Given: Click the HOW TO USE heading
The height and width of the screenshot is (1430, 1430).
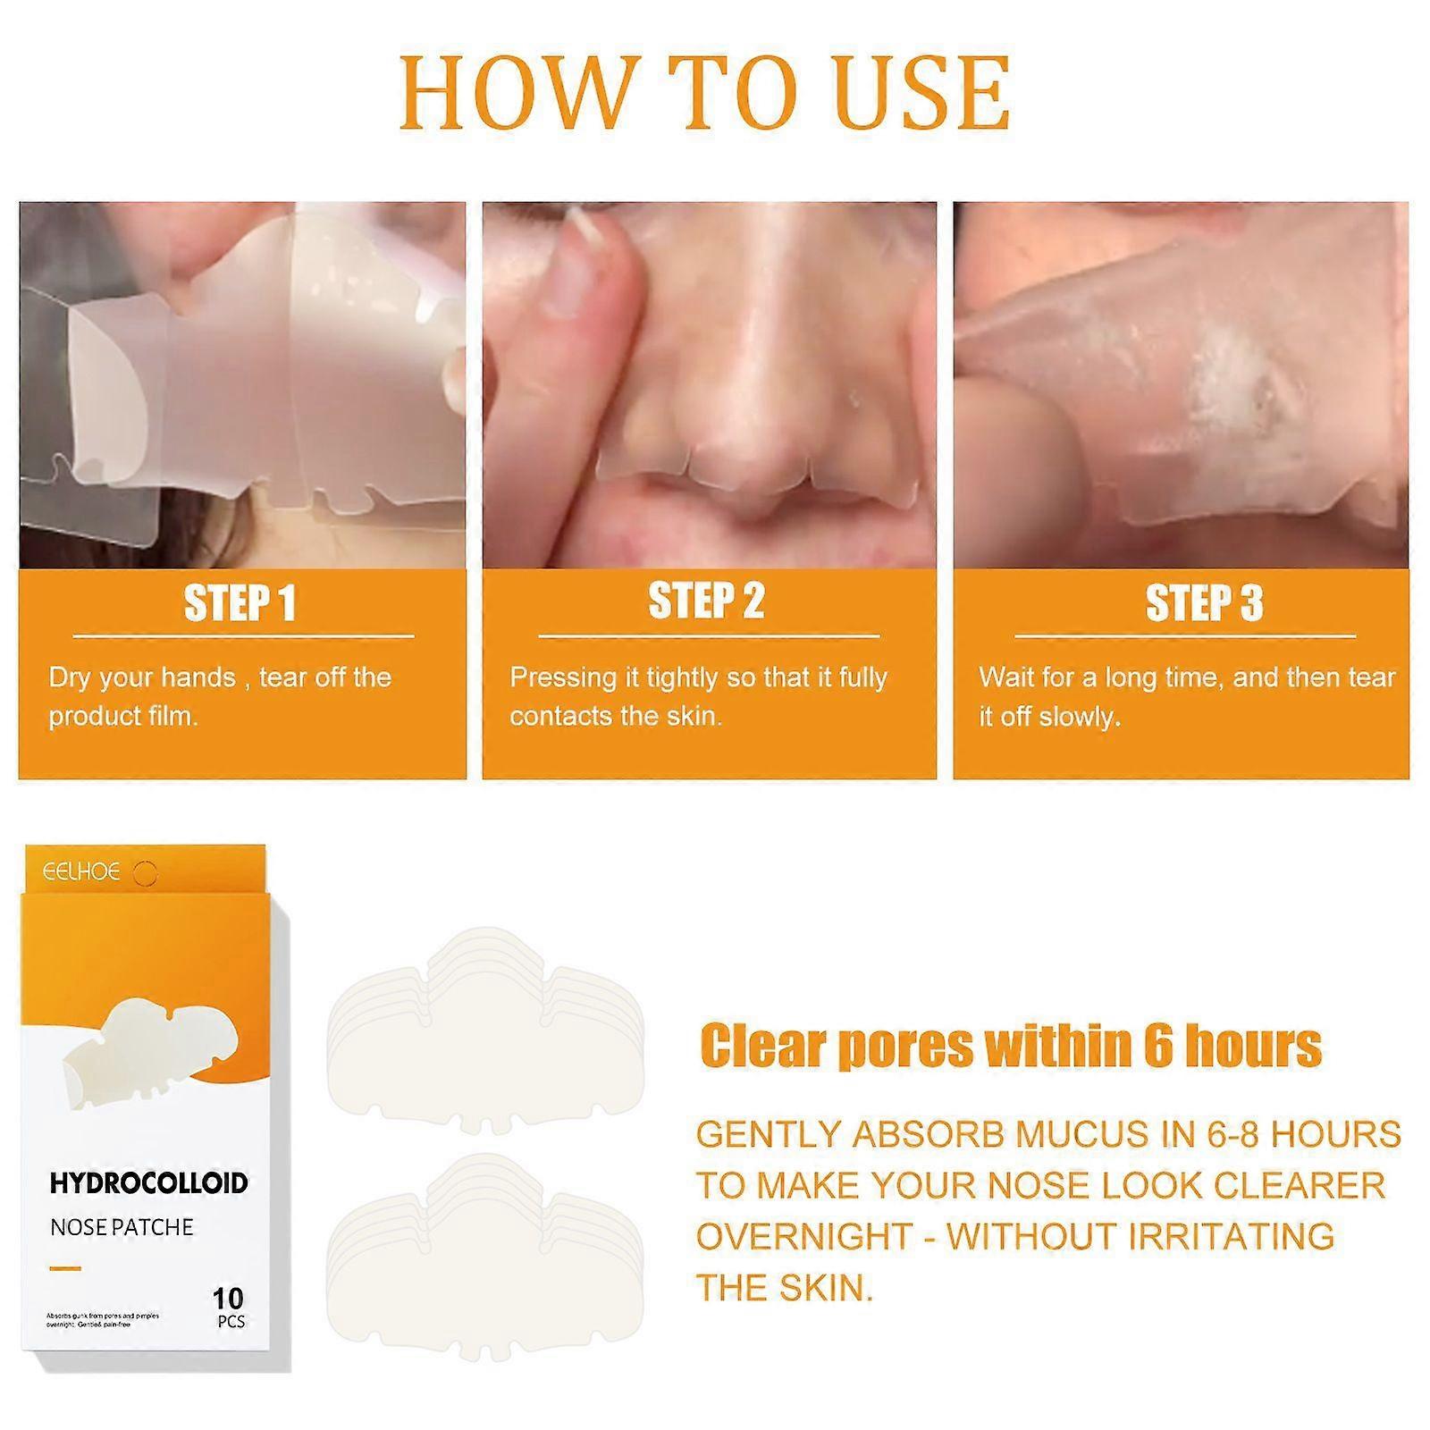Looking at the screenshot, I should click(704, 93).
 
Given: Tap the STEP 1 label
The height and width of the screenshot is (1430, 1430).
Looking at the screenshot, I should click(240, 603).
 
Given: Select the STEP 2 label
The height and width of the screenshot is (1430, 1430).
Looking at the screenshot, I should click(706, 601).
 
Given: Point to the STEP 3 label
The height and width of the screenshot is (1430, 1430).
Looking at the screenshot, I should click(1204, 603).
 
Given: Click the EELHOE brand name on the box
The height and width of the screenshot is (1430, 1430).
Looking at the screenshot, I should click(81, 871).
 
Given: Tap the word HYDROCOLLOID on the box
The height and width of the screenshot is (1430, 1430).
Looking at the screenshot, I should click(148, 1183).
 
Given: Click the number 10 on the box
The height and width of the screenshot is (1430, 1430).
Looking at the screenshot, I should click(228, 1298).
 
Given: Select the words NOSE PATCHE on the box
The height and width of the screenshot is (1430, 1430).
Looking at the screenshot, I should click(122, 1227).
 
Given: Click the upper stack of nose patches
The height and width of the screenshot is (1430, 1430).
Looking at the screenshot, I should click(485, 1028).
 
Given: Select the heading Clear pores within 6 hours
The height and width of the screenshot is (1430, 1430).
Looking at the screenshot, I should click(1010, 1046).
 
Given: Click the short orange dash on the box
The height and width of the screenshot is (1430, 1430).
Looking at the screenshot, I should click(65, 1267).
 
